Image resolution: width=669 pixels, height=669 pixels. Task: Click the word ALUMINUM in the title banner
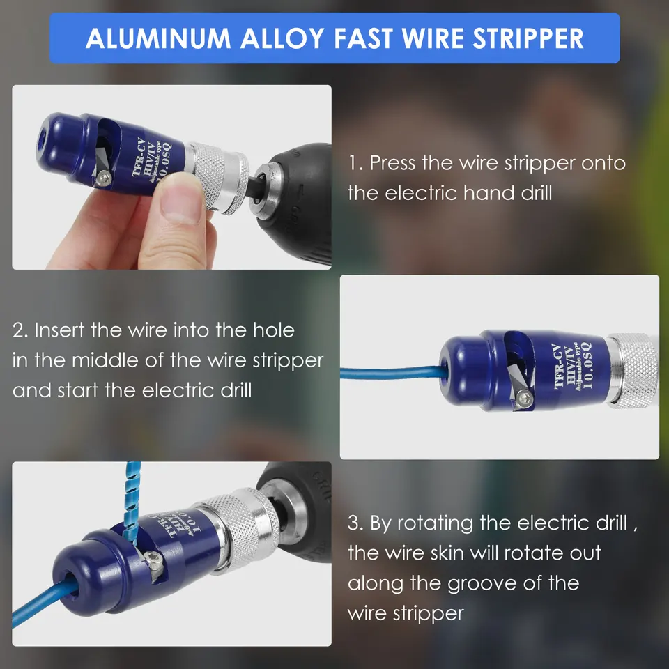pos(158,38)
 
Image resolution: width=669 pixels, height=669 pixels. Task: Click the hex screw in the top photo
pos(104,178)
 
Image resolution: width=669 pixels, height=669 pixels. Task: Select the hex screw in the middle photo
pos(523,400)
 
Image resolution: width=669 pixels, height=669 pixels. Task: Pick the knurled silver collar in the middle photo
pos(633,370)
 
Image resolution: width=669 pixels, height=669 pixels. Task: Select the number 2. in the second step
pos(20,330)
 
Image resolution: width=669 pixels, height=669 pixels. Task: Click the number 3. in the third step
pos(355,523)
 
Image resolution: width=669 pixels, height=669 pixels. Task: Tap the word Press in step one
pos(392,163)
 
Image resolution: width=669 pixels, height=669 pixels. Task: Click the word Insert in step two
pos(59,330)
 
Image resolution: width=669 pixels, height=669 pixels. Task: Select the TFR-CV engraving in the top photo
pos(139,157)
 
